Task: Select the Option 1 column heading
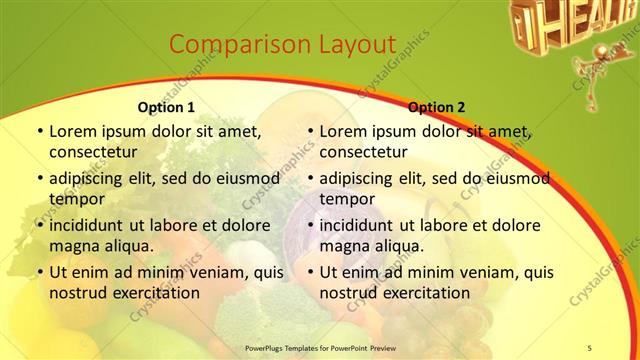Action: click(x=165, y=107)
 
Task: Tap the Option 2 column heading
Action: click(x=436, y=107)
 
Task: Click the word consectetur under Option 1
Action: click(x=93, y=152)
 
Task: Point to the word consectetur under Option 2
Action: click(x=363, y=152)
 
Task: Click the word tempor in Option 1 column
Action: click(x=75, y=198)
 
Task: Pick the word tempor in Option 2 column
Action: click(x=346, y=198)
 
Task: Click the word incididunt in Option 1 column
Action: click(x=90, y=225)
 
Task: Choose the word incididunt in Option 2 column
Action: click(x=361, y=225)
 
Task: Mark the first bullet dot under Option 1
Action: click(x=39, y=131)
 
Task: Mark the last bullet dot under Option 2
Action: click(x=310, y=272)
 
